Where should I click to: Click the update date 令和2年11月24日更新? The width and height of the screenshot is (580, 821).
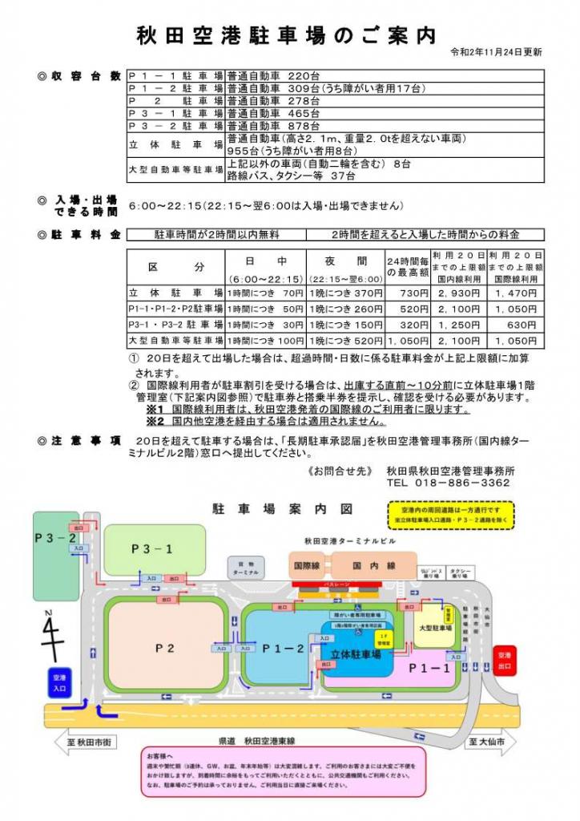tap(497, 52)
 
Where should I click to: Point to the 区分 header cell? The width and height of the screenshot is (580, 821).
tap(176, 267)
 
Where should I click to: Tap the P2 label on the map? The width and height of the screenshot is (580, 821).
tap(164, 648)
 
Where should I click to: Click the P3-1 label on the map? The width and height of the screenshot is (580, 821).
tap(151, 548)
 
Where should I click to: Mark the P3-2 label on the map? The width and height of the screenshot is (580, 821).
tap(55, 538)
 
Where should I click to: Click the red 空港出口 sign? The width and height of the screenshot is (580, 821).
tap(505, 661)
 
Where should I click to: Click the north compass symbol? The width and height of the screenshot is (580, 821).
tap(52, 631)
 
